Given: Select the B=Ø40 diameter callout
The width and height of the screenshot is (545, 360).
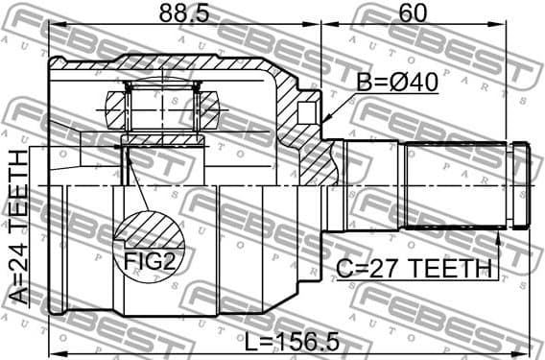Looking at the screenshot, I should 397,84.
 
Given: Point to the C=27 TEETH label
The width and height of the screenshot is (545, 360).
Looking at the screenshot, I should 414,269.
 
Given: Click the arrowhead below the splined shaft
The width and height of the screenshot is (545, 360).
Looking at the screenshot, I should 501,237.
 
